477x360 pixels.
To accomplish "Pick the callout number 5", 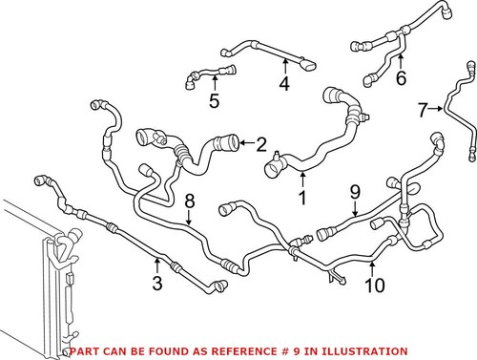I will pos(215,101).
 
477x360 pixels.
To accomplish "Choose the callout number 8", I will pos(189,201).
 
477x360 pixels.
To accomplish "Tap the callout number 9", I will pos(354,194).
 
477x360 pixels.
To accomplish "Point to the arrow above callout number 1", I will pos(303,180).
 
